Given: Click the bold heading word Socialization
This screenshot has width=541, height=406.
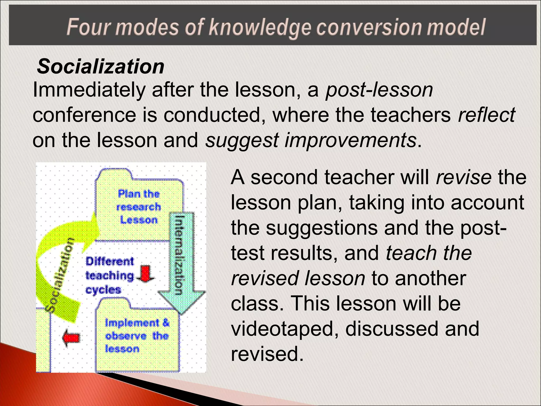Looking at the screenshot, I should [x=101, y=67].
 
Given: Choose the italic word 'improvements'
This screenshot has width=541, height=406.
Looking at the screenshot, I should [x=350, y=140].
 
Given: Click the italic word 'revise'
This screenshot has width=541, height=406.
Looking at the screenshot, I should [x=464, y=177].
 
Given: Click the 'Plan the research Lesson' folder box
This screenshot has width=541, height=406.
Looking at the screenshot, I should [x=139, y=207].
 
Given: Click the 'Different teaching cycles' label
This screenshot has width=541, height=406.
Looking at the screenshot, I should [x=110, y=275].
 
